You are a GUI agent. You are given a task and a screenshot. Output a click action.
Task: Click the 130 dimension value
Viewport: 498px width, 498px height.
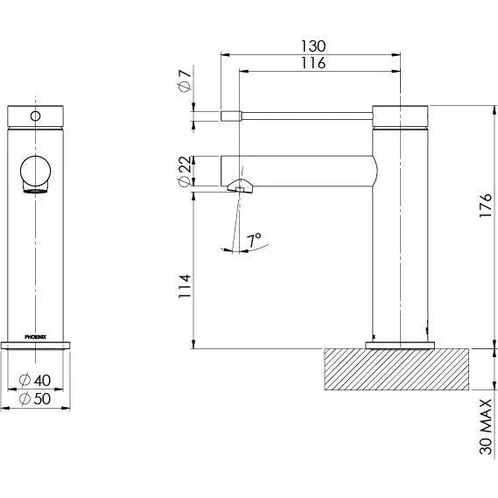click(313, 46)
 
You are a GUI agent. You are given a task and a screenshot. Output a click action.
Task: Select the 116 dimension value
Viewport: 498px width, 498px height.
click(313, 63)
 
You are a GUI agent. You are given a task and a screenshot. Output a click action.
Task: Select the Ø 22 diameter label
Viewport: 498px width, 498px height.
click(185, 171)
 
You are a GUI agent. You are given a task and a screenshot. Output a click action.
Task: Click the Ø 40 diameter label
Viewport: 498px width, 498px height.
click(39, 381)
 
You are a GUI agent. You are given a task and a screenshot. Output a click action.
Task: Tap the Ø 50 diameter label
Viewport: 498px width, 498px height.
click(39, 399)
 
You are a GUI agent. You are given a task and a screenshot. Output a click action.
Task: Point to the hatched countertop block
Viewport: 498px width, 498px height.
click(398, 368)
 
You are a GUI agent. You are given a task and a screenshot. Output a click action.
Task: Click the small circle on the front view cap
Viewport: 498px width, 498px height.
click(37, 115)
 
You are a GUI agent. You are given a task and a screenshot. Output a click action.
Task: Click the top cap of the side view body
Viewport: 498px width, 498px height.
click(400, 115)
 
